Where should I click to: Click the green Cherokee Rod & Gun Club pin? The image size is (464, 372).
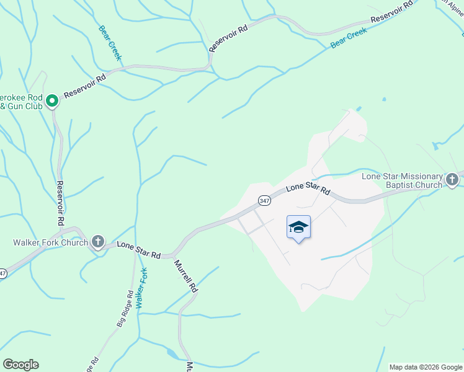point(53,100)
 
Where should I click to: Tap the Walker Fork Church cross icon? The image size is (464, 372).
point(97,241)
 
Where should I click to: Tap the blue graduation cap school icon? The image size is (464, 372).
point(298,228)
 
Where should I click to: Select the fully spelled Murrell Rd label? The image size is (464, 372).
point(185,277)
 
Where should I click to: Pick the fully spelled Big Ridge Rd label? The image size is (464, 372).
point(125,309)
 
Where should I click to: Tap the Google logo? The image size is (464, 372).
point(20,365)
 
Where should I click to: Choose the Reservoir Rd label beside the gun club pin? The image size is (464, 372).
point(85,84)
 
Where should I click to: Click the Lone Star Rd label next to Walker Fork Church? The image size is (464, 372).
point(139,250)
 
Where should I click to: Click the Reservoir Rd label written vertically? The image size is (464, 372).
point(60,203)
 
